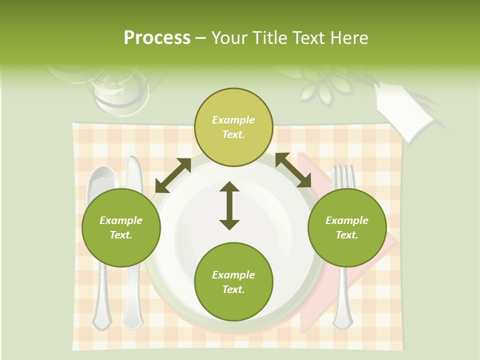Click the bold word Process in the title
point(157,38)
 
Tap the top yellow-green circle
point(233,127)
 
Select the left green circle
point(121,227)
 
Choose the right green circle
point(347,227)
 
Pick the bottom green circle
point(233,281)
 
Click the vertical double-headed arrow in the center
point(229,205)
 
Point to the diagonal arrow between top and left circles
point(173,175)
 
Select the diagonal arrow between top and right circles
point(293,170)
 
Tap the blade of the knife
point(134,175)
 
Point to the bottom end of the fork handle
point(343,320)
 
